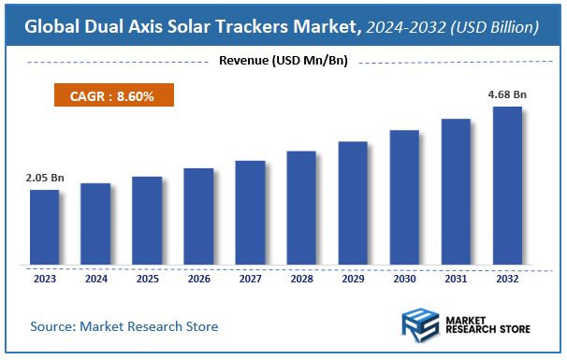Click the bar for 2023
tap(44, 227)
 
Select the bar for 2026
tap(198, 216)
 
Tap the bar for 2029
tap(353, 203)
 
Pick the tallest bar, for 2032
tap(507, 185)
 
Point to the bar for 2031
tap(456, 192)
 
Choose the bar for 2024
tap(95, 223)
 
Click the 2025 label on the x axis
tap(147, 278)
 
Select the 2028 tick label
tap(301, 278)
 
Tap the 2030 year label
tap(404, 278)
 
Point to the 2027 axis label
tap(250, 278)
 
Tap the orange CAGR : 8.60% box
tap(111, 95)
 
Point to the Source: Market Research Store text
tap(124, 326)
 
